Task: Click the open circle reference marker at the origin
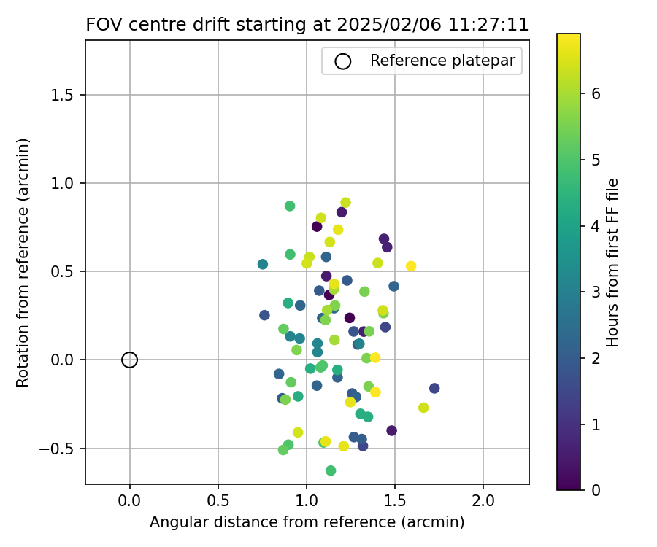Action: click(129, 360)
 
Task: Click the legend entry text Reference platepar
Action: click(444, 61)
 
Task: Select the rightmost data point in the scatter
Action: click(434, 388)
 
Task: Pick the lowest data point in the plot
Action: click(331, 470)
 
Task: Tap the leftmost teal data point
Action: click(263, 264)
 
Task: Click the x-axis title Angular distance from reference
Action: click(307, 522)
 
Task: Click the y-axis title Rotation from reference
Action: click(23, 263)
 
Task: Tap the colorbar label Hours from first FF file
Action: click(613, 263)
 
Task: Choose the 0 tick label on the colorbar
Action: click(596, 489)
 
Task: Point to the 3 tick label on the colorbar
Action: click(596, 292)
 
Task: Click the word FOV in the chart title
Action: click(101, 24)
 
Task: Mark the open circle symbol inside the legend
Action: click(343, 61)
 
